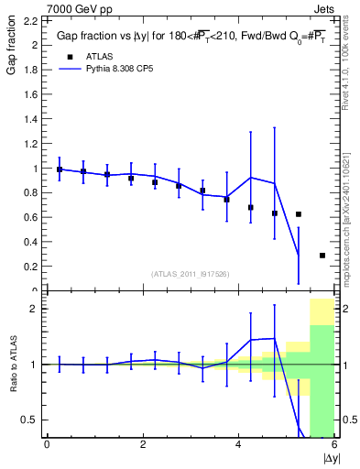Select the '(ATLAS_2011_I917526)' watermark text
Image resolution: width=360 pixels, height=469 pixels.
coord(190,273)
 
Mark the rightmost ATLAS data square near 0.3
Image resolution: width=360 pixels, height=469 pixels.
coord(322,256)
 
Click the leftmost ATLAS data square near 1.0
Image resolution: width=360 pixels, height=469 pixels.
coord(60,169)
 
